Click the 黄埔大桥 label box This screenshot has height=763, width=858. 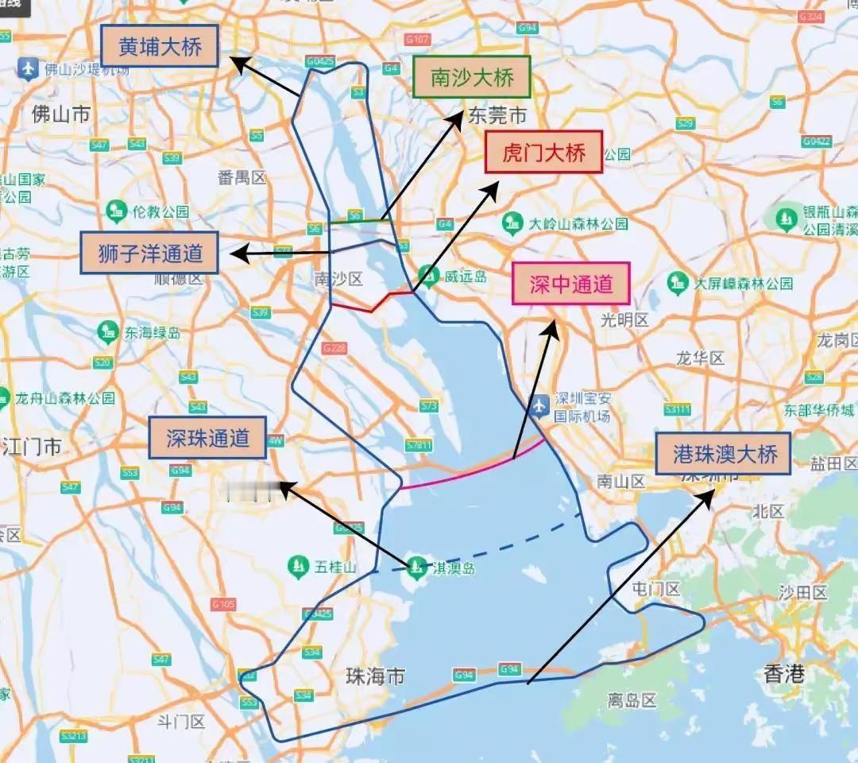click(159, 47)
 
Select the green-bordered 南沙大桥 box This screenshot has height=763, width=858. click(472, 77)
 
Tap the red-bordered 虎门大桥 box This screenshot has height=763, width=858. click(544, 152)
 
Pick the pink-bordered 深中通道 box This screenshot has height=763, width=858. click(570, 284)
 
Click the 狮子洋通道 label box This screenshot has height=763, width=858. click(149, 254)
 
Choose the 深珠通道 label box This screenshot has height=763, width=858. click(207, 437)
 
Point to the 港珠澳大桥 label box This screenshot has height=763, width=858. click(723, 454)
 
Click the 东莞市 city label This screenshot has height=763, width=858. click(497, 115)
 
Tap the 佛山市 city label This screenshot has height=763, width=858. click(60, 114)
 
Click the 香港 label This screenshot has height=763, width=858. click(783, 675)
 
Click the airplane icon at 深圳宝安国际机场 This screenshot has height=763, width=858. click(540, 405)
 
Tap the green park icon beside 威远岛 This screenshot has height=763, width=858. click(429, 276)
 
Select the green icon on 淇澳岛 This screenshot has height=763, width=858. click(415, 567)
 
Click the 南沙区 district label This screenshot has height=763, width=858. click(338, 278)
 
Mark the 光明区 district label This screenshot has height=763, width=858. click(624, 320)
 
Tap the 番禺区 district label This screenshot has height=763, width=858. click(242, 176)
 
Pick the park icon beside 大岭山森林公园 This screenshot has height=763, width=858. click(512, 223)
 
